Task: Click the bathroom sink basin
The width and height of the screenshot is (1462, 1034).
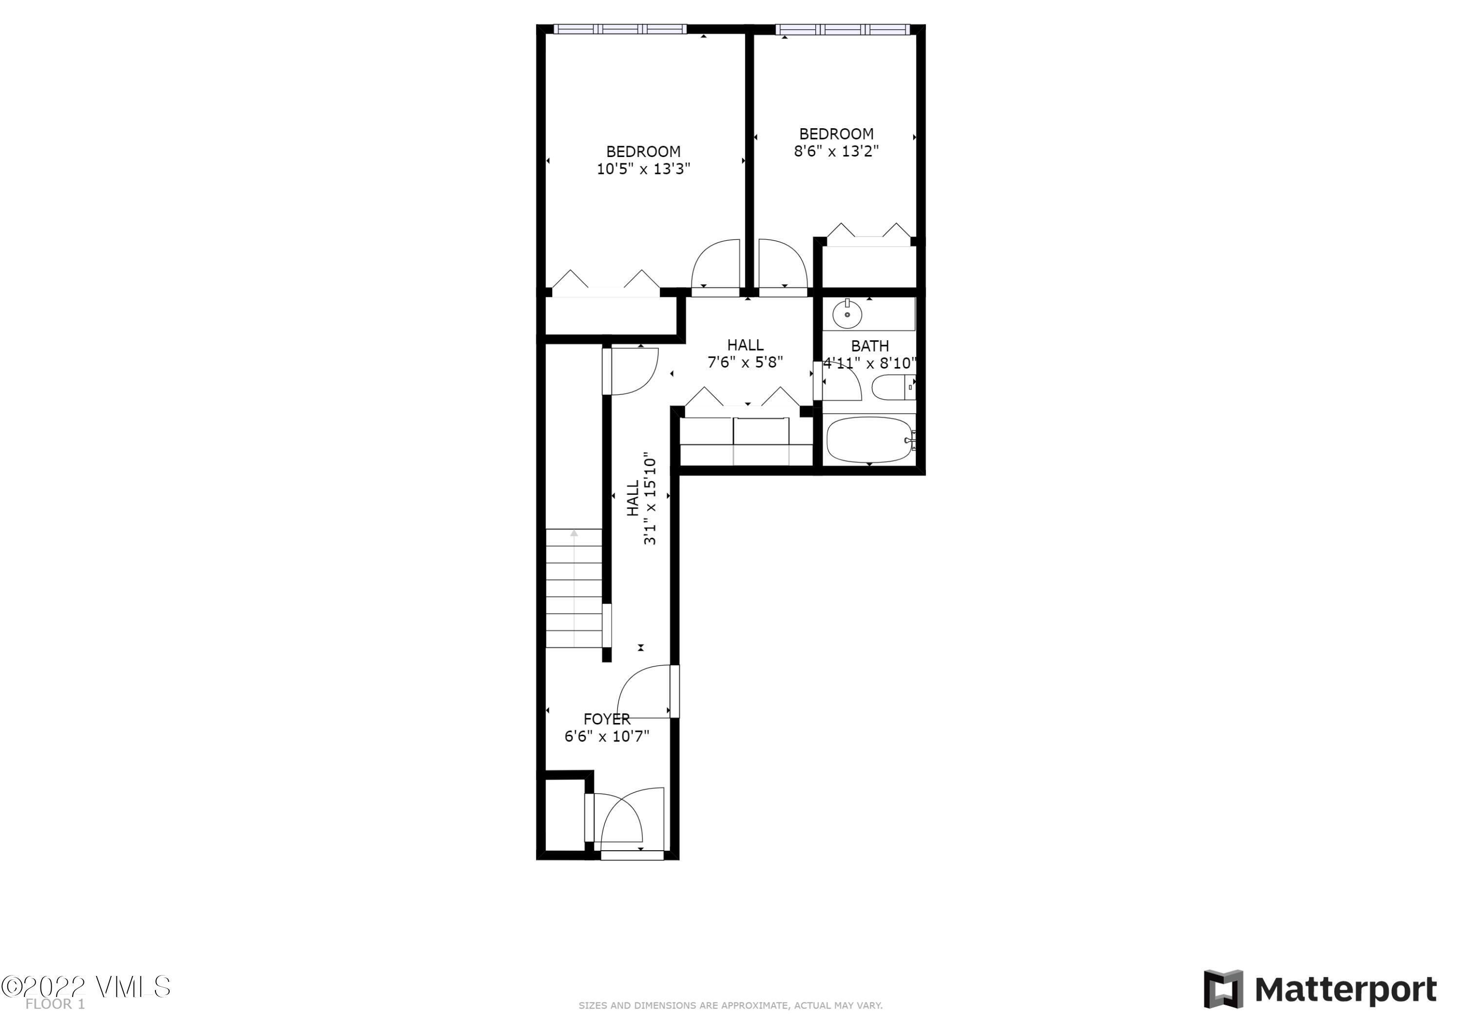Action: click(847, 314)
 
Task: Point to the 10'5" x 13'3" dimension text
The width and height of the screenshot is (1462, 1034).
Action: click(643, 169)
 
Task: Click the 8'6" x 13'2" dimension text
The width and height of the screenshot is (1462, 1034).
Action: click(836, 151)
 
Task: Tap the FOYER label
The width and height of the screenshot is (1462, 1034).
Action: click(607, 719)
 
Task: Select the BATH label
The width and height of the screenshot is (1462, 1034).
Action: click(870, 346)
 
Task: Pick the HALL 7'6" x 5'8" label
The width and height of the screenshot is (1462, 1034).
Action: click(745, 353)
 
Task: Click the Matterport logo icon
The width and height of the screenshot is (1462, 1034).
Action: click(1223, 990)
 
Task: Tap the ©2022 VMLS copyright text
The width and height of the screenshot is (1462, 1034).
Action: click(86, 987)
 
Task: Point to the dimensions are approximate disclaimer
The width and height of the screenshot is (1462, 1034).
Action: click(731, 1005)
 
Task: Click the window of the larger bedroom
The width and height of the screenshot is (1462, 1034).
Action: click(619, 29)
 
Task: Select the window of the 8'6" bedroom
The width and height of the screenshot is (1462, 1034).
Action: click(843, 29)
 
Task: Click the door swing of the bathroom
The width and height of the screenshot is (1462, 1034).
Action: click(842, 386)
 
